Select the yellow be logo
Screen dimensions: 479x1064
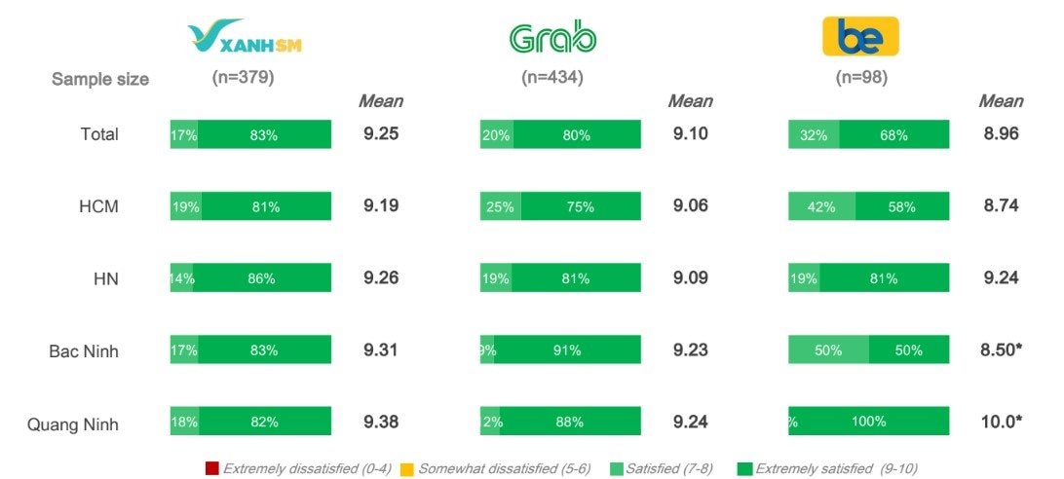(x=860, y=37)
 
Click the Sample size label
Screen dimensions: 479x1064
(x=100, y=79)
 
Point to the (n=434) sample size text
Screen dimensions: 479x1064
(x=552, y=78)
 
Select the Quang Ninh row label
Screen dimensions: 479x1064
(x=73, y=423)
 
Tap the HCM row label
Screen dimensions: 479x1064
(x=99, y=206)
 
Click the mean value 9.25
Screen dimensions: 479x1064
(x=381, y=134)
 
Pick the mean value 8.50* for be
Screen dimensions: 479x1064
(x=1002, y=350)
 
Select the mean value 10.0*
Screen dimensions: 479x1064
(x=1002, y=423)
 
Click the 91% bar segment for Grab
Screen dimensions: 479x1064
(x=567, y=350)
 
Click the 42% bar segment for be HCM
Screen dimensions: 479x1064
(x=822, y=206)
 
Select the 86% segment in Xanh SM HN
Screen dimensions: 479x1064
(x=262, y=278)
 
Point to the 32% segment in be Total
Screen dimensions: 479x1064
(x=814, y=135)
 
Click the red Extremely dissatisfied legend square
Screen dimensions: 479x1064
(x=212, y=468)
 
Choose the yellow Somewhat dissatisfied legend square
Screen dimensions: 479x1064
(x=407, y=468)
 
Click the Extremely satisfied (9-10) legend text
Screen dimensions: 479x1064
(x=836, y=468)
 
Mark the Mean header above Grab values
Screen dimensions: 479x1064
(x=690, y=101)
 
